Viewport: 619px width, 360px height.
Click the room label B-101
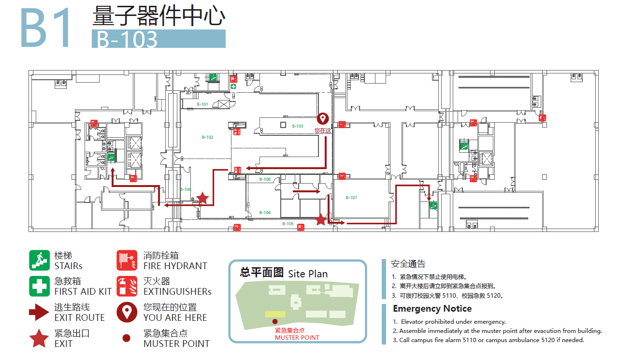coord(202,104)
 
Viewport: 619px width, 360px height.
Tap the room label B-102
coord(207,137)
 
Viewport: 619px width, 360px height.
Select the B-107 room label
coord(351,198)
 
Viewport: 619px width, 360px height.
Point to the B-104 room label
coord(265,213)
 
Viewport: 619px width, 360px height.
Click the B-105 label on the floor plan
coord(288,224)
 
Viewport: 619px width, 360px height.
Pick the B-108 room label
coord(265,179)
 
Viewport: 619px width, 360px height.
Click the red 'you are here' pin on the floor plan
coord(322,119)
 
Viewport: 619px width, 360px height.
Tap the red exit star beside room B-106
coord(202,198)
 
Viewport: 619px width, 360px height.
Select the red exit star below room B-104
coord(321,220)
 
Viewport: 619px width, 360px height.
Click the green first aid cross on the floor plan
coord(233,86)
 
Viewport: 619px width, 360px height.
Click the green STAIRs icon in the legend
coord(39,260)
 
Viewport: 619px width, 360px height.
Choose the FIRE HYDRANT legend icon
coord(127,260)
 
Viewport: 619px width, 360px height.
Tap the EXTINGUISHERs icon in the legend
coord(127,286)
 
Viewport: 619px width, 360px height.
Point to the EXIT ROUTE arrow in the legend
coord(39,312)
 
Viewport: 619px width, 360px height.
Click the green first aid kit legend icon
coord(39,286)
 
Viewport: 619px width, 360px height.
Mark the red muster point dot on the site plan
coord(275,321)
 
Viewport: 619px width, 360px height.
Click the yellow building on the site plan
coord(274,314)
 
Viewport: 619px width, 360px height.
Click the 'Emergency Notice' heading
coord(432,309)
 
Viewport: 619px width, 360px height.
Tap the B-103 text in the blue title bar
coord(128,39)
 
